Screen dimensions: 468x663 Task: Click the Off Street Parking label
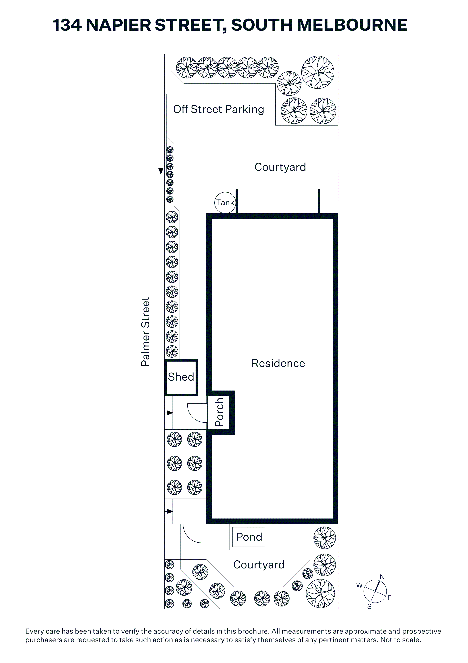(x=219, y=109)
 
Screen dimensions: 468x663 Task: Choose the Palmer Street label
(x=145, y=332)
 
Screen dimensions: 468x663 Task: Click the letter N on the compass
(x=382, y=577)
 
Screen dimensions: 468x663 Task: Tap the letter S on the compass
(x=369, y=606)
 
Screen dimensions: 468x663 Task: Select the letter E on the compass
(x=389, y=598)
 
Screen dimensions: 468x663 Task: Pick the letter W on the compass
(x=359, y=585)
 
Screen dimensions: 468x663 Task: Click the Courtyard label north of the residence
(x=280, y=167)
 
